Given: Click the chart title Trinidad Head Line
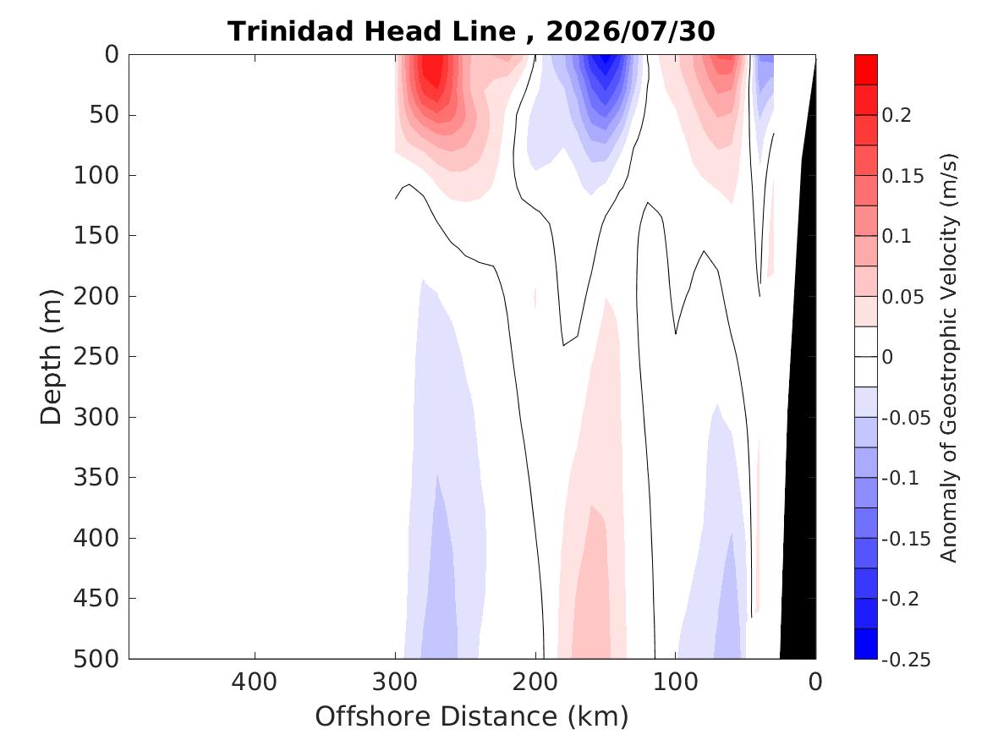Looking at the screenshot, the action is tap(371, 31).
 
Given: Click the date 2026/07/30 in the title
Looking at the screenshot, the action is tap(630, 31).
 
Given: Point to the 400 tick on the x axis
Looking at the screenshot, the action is tap(255, 682).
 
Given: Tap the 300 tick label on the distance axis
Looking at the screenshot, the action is tap(395, 682).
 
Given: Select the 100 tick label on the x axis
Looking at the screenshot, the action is tap(676, 682).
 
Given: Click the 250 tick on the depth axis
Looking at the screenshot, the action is tap(96, 356).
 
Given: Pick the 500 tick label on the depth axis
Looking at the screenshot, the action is tap(96, 659).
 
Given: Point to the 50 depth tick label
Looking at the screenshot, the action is tap(105, 114).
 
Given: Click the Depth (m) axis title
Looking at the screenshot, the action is tap(51, 357).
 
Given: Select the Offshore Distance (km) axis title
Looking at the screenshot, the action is tap(471, 716).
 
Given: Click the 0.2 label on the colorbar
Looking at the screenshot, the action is tap(897, 115).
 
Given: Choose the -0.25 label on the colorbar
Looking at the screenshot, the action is tap(906, 660).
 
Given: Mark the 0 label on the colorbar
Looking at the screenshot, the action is tap(887, 357).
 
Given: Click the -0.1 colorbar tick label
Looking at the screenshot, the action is tap(901, 478).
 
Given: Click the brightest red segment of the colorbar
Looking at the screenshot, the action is tap(865, 70).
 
